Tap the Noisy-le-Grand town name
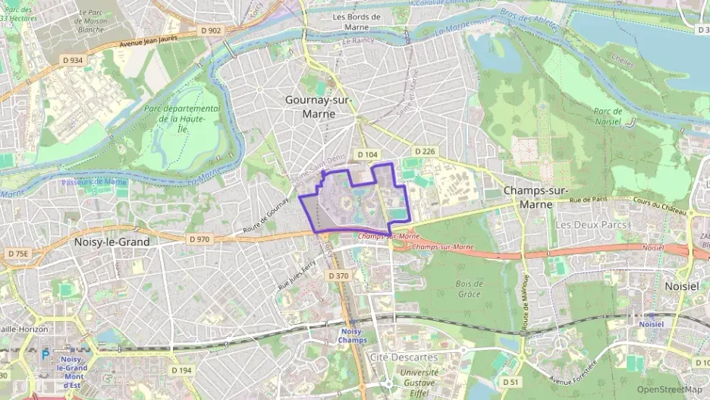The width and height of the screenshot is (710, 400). [x=112, y=241]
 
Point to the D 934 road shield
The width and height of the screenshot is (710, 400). [x=73, y=60]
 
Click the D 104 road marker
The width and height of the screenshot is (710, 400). [x=367, y=154]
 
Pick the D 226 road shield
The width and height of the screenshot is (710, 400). [x=425, y=152]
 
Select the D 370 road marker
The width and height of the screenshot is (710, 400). [x=338, y=276]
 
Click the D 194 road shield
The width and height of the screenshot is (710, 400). [x=181, y=370]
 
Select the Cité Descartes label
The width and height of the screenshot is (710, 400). [x=403, y=357]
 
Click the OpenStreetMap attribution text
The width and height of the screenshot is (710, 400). [x=670, y=389]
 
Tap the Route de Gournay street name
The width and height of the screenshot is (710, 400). [x=266, y=219]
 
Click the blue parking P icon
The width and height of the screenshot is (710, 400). [x=45, y=353]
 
